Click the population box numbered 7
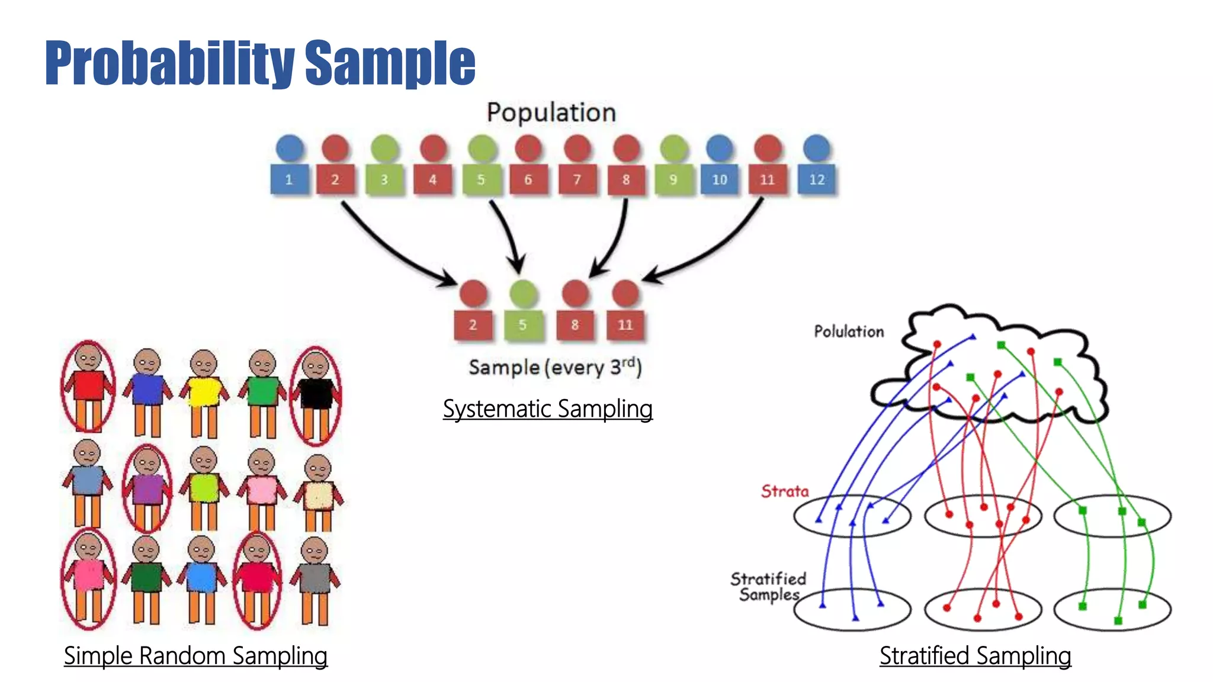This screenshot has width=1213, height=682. point(577,179)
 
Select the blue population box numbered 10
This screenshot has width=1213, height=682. point(719,179)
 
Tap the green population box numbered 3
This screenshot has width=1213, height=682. point(384,179)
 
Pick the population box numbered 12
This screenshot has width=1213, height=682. point(817,179)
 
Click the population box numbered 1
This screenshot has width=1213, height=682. point(289,179)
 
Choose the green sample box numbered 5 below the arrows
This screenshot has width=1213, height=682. point(522,324)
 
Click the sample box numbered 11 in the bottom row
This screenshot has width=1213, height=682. point(625,324)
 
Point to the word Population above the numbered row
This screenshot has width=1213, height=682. point(551,112)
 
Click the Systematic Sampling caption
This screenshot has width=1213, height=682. point(547,408)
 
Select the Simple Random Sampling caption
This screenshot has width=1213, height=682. point(195,655)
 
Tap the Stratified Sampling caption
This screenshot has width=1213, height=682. point(975,655)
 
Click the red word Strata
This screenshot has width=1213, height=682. point(785,491)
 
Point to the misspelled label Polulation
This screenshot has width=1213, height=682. point(849,332)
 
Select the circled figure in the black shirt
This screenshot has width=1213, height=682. point(316,394)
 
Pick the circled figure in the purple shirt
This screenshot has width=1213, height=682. point(147,488)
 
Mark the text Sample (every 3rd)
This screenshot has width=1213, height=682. point(555,367)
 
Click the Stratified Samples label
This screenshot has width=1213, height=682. point(768,586)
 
